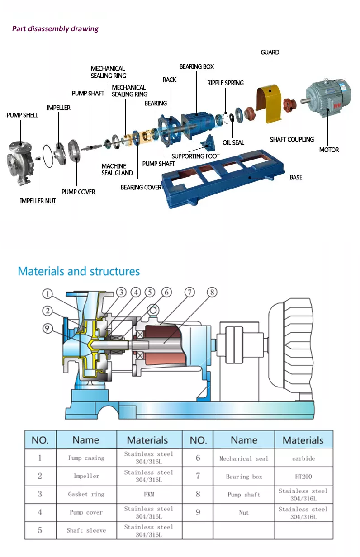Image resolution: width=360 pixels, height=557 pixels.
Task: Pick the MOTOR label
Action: tap(329, 150)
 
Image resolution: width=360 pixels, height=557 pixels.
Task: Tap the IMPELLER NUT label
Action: tap(38, 201)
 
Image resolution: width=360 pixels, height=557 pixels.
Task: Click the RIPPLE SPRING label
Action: tap(225, 83)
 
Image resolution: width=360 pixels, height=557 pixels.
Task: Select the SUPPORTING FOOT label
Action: tap(195, 156)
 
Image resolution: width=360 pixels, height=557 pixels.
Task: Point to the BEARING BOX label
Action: tap(197, 67)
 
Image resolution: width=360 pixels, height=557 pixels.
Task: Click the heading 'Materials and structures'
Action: tap(79, 271)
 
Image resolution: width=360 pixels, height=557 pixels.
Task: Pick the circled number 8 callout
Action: tap(212, 293)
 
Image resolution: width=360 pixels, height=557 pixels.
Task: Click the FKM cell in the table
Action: tap(149, 494)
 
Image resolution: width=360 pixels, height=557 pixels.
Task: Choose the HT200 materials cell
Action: tap(303, 476)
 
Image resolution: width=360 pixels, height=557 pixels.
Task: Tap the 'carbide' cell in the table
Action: tap(303, 458)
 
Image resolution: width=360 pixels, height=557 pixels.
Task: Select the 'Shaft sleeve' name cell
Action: tap(86, 530)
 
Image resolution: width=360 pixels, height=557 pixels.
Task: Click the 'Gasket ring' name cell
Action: tap(86, 494)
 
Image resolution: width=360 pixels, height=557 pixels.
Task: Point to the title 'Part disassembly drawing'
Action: tap(55, 29)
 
